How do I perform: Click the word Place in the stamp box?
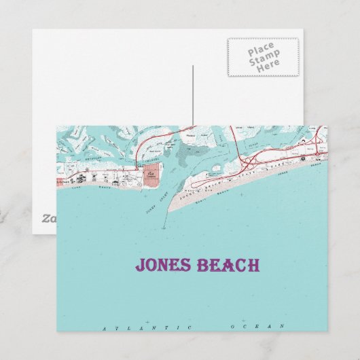click(261, 50)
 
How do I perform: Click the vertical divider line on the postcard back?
click(193, 95)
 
